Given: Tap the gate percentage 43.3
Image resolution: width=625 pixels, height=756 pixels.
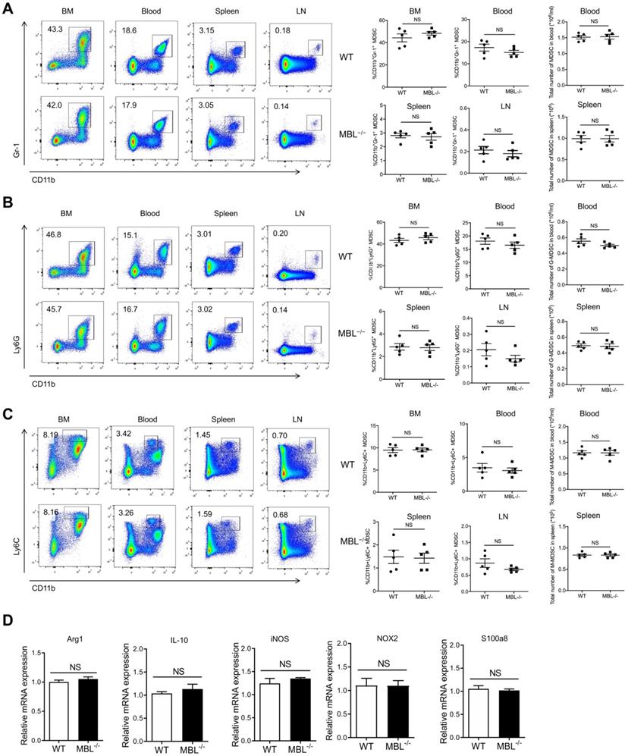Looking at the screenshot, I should click(54, 29).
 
